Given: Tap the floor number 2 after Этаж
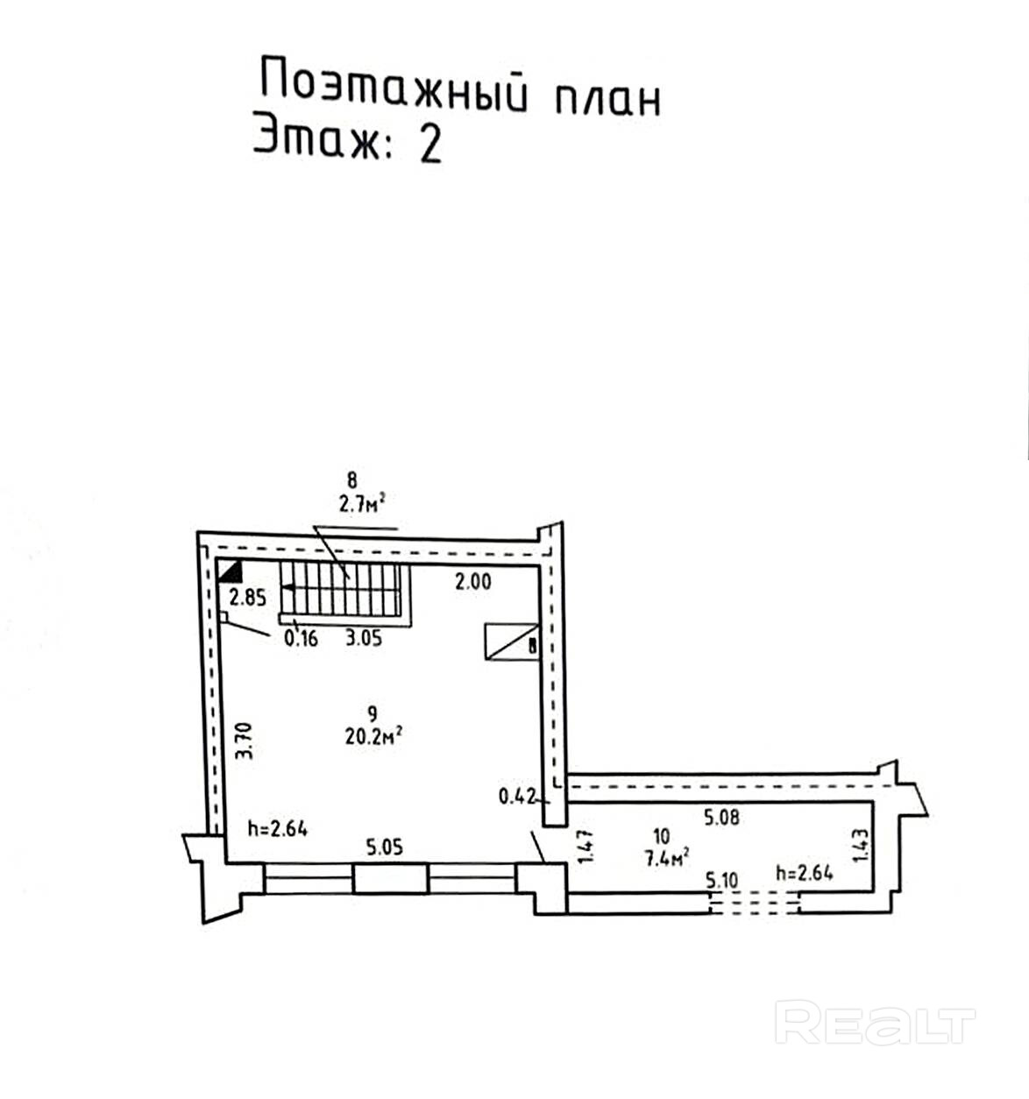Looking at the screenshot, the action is pos(430,145).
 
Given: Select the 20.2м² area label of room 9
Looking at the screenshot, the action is pos(373,737).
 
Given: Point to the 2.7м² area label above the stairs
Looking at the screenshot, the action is pos(363,503).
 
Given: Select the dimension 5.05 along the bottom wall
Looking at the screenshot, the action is pos(384,847).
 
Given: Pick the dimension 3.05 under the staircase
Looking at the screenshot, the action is pos(363,638).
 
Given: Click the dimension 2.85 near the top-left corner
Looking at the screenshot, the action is pos(247,599).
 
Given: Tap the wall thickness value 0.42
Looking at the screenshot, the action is pos(516,797).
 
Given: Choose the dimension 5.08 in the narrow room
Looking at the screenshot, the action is pos(722,818).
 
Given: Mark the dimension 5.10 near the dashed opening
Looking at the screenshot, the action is pos(721,880).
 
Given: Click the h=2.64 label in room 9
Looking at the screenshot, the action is pos(277,828).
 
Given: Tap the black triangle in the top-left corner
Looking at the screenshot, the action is pos(231,572).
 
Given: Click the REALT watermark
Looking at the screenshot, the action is pos(876,1025).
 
